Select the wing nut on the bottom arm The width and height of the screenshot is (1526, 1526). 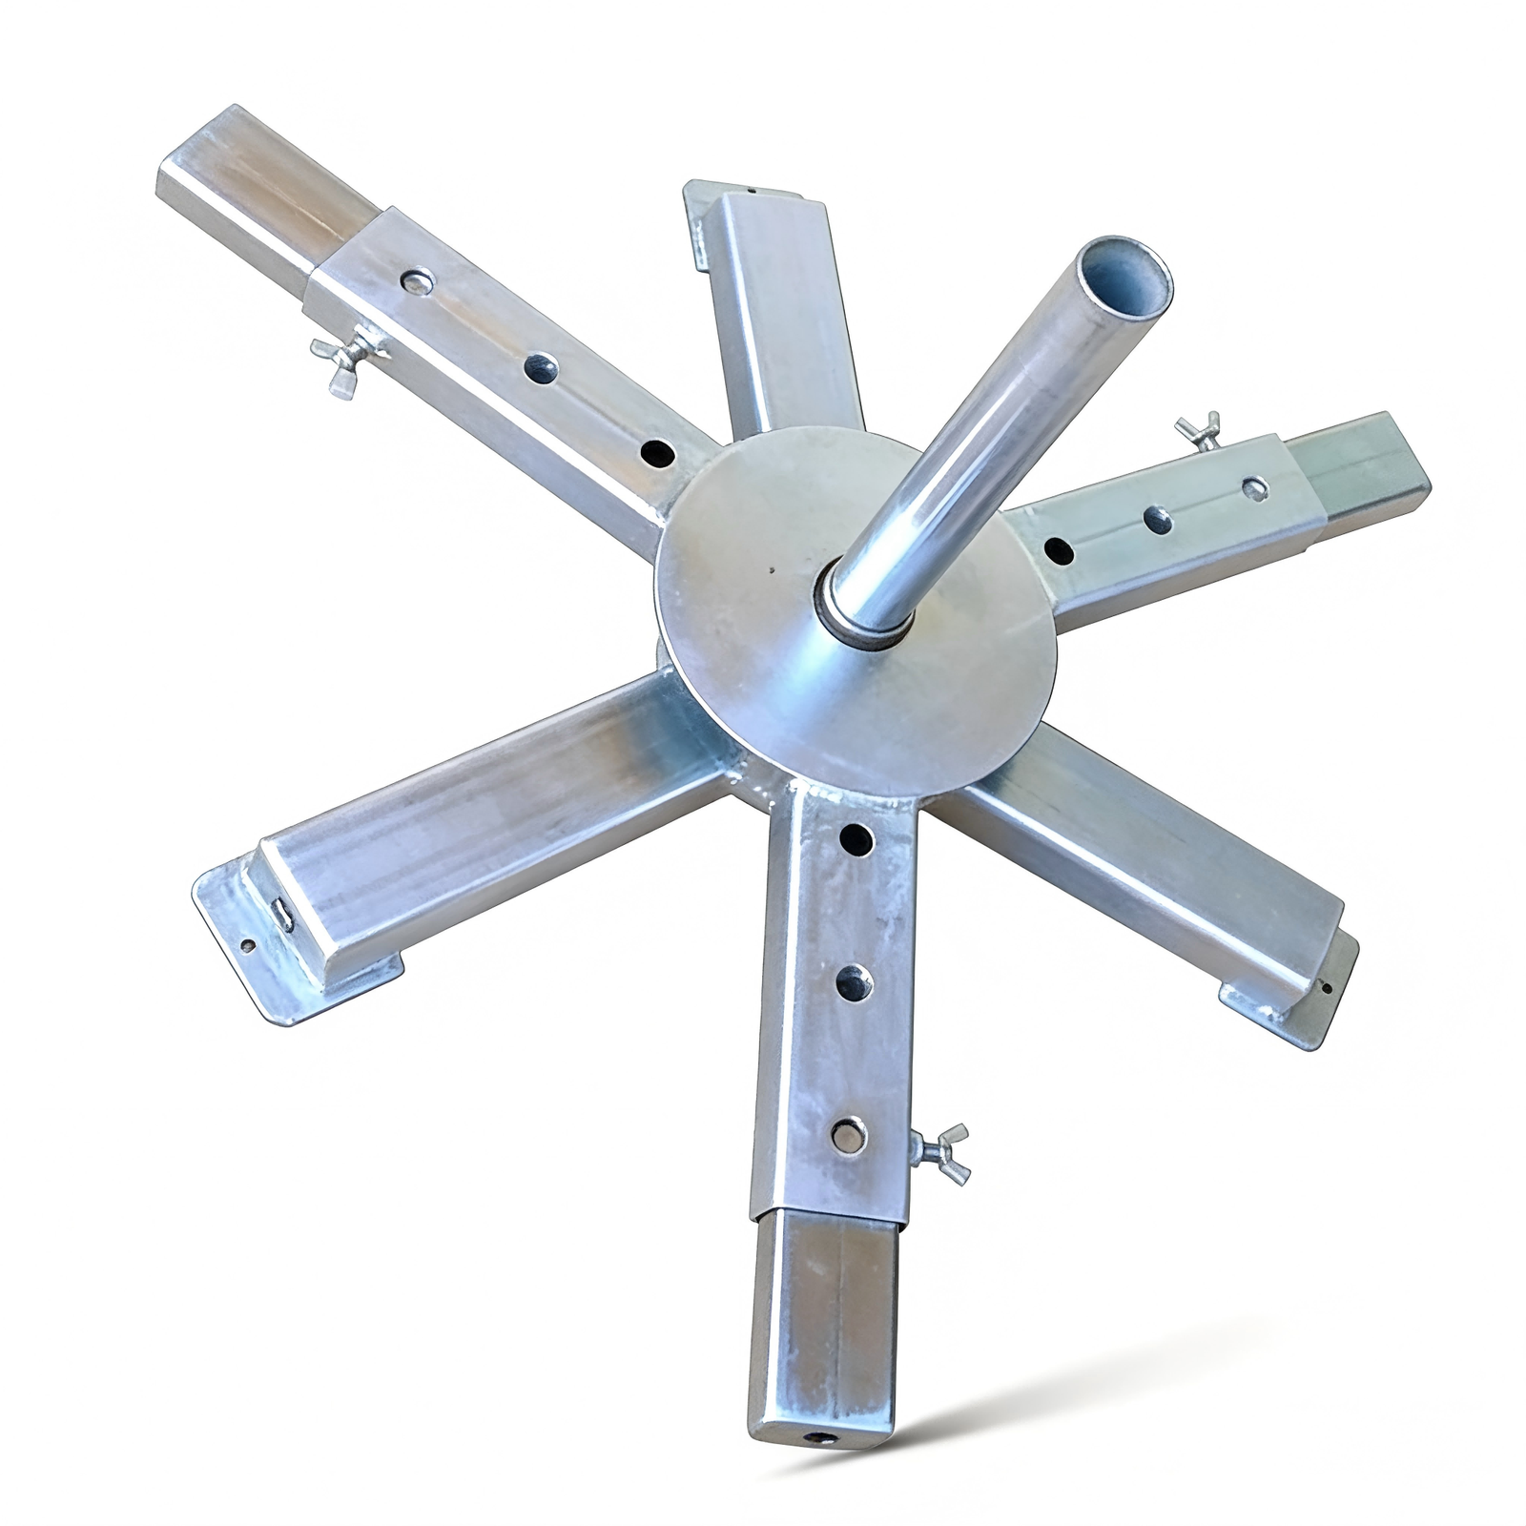(938, 1151)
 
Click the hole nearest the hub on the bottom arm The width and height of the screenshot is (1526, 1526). (856, 838)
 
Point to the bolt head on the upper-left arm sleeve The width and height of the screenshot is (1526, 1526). (417, 280)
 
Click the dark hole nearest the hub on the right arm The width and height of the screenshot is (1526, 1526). (1059, 550)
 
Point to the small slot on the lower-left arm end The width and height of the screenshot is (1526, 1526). (283, 914)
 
